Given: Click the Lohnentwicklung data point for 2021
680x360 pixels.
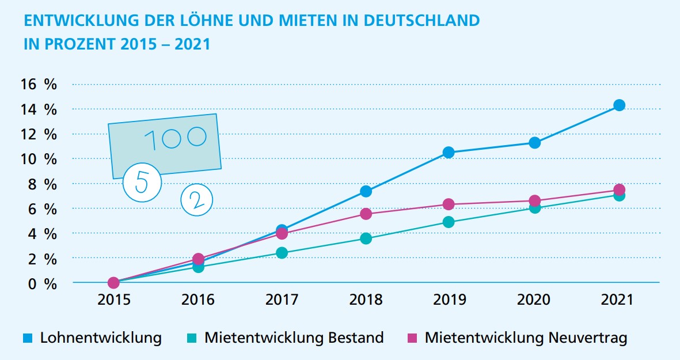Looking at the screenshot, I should click(619, 105).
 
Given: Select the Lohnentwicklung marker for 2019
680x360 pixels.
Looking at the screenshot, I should click(449, 153).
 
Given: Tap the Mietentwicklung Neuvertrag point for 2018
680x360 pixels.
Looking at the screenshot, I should click(366, 214).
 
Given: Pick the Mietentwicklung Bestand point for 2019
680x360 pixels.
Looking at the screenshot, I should click(449, 222).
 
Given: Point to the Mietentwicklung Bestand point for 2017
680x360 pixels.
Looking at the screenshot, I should click(282, 253).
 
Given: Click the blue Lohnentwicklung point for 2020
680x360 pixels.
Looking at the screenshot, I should click(534, 143).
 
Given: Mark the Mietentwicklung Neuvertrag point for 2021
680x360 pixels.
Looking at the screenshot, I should click(619, 190).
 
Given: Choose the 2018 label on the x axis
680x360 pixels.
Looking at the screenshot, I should click(366, 300).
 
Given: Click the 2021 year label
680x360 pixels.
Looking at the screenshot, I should click(617, 300).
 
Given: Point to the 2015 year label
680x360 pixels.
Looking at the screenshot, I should click(113, 300).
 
